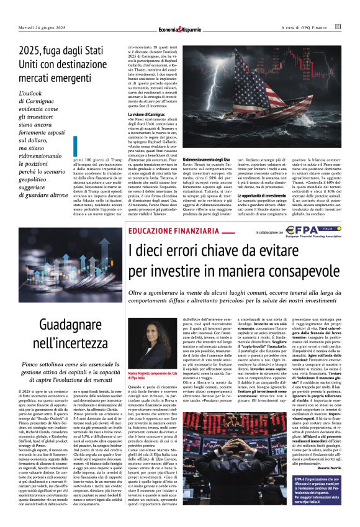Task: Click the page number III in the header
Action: point(338,27)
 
